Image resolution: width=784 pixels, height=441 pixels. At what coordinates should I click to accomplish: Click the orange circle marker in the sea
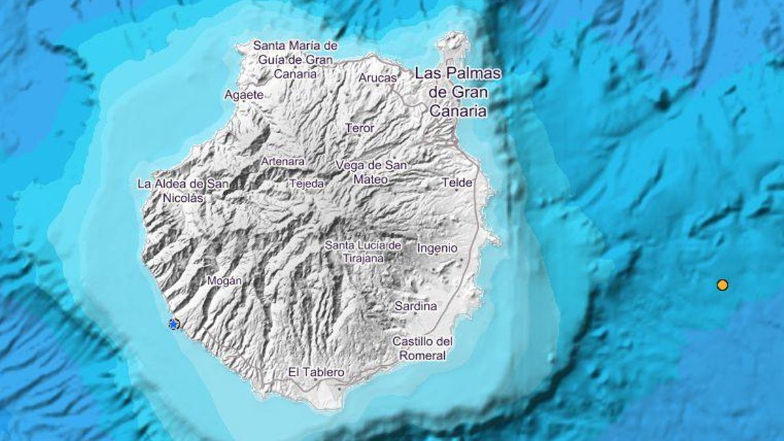point(722,285)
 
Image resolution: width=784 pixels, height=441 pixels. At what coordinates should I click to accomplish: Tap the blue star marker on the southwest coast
point(173,324)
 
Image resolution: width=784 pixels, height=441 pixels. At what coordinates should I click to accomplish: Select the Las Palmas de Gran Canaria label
point(457,92)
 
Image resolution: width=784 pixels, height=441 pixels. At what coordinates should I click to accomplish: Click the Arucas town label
point(378,78)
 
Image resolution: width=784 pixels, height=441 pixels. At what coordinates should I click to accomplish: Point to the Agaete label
point(243,95)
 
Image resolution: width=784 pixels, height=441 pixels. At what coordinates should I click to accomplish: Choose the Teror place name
point(359,128)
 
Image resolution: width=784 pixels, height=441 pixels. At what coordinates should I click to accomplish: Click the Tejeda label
point(306,184)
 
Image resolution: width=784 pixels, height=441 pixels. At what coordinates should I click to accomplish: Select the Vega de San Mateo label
point(370,172)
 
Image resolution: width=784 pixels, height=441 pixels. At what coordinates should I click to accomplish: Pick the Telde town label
point(457,183)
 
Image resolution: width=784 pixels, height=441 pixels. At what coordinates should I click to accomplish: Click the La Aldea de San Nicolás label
point(183,190)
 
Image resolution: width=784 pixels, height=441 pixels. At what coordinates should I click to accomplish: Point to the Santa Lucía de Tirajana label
point(363,252)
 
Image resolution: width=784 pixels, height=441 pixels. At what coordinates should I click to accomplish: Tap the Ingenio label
point(437,248)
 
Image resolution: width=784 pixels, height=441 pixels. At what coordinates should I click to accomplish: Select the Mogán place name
point(224,280)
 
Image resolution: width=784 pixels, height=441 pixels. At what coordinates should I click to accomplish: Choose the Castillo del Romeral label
point(422,348)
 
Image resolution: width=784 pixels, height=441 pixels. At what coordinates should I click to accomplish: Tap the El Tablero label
point(316,372)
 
